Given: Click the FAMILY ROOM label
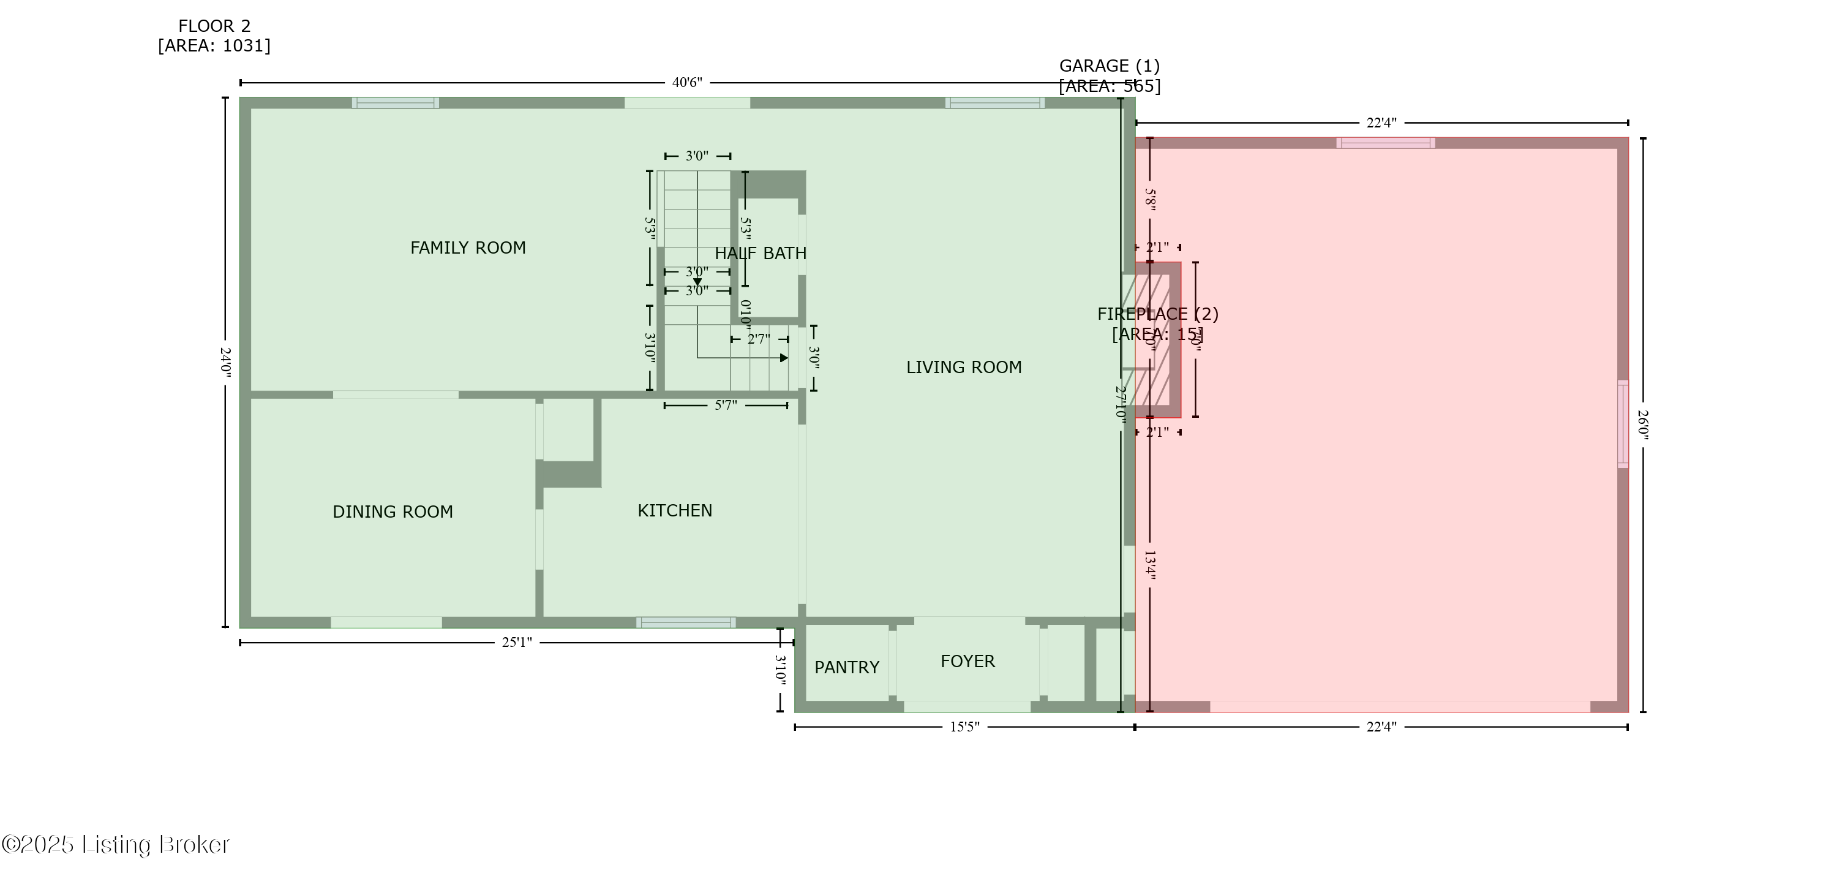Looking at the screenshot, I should [468, 247].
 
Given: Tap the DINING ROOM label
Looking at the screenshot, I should [393, 512].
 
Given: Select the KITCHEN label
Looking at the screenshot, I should [675, 510].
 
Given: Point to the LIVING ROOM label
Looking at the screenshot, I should [963, 367].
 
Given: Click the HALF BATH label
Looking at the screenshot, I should [760, 253].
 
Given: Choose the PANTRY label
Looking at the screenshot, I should [846, 667].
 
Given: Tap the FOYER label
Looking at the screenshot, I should [967, 660].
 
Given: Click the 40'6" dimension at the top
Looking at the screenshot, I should [687, 83].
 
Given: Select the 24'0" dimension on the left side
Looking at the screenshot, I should [225, 363].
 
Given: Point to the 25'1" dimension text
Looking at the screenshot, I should [516, 642].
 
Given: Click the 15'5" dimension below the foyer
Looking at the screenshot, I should [964, 727].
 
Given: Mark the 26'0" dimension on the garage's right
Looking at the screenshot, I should [1642, 425].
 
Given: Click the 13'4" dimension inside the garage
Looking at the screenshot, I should [1149, 565].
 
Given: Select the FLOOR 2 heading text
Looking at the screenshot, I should [214, 26].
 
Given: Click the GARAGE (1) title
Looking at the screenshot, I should [1109, 66].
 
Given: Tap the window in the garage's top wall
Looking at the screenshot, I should [1385, 143].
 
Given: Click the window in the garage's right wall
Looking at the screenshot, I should [1622, 425].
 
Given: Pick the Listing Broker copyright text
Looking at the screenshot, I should [116, 845].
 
